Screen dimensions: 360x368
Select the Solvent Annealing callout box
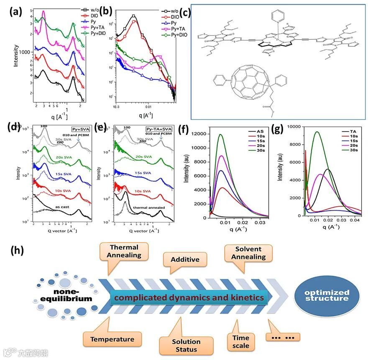click(248, 253)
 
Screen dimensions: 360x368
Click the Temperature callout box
click(112, 339)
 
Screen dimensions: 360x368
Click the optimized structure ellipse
click(327, 295)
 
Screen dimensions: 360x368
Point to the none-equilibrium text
click(72, 295)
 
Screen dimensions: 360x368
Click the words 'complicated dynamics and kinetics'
click(189, 298)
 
